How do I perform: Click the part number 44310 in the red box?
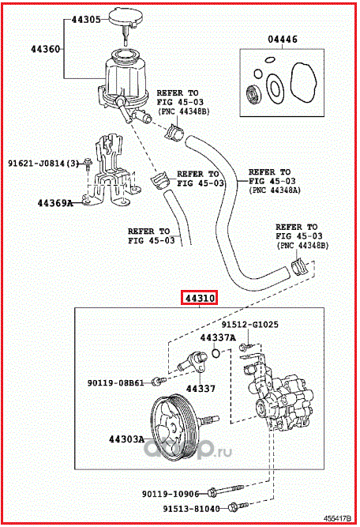[x=200, y=298]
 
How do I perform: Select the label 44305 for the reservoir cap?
[x=86, y=20]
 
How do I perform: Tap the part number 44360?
[x=45, y=49]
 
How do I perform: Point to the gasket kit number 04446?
[x=283, y=40]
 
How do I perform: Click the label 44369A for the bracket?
[x=55, y=203]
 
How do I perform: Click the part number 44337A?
[x=218, y=337]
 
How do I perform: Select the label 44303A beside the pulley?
[x=126, y=439]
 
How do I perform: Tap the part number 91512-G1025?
[x=249, y=324]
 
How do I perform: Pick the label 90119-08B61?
[x=115, y=383]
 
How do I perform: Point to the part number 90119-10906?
[x=171, y=494]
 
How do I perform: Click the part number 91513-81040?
[x=191, y=509]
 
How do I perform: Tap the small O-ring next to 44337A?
[x=216, y=353]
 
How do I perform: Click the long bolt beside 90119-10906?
[x=226, y=491]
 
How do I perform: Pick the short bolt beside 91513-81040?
[x=238, y=506]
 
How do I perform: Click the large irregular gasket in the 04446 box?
[x=304, y=82]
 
